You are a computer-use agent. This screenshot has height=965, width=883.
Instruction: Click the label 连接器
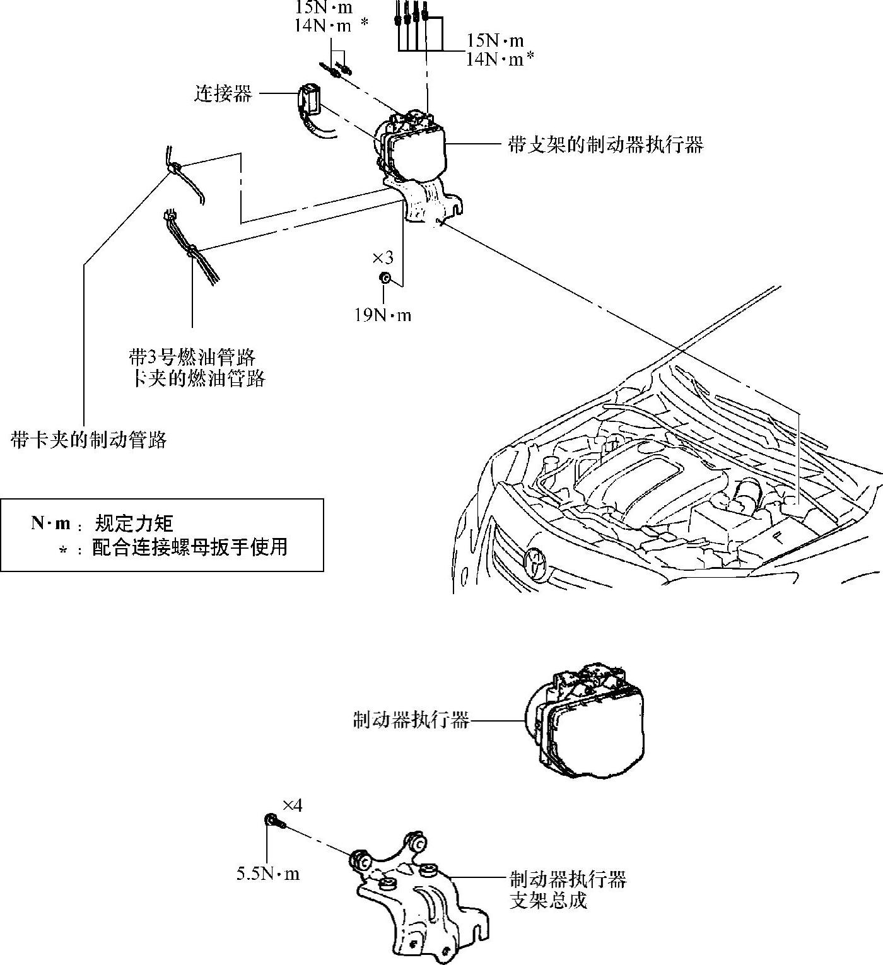click(x=223, y=95)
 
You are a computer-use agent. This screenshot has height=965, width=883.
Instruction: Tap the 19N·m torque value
click(x=382, y=314)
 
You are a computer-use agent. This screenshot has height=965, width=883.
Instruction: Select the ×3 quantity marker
click(x=383, y=257)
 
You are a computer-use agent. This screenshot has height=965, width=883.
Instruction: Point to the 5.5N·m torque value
click(x=268, y=874)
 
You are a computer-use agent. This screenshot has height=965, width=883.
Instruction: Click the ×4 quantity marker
click(x=292, y=805)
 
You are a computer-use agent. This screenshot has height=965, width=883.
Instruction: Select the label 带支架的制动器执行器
click(x=605, y=145)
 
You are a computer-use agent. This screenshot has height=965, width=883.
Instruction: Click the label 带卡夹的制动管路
click(x=88, y=440)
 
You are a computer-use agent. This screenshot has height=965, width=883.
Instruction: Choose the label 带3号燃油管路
click(x=192, y=358)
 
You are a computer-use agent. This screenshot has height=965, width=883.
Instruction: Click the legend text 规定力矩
click(x=134, y=523)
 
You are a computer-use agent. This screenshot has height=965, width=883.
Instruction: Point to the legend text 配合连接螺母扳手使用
click(x=190, y=547)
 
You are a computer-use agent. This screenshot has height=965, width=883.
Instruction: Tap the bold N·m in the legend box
click(x=50, y=523)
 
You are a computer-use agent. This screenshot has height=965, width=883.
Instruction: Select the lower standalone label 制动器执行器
click(x=411, y=720)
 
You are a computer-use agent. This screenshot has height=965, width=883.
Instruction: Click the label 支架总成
click(x=548, y=900)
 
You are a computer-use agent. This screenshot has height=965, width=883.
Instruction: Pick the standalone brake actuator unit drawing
click(x=587, y=719)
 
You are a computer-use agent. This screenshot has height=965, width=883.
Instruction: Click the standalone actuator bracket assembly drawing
click(x=419, y=896)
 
